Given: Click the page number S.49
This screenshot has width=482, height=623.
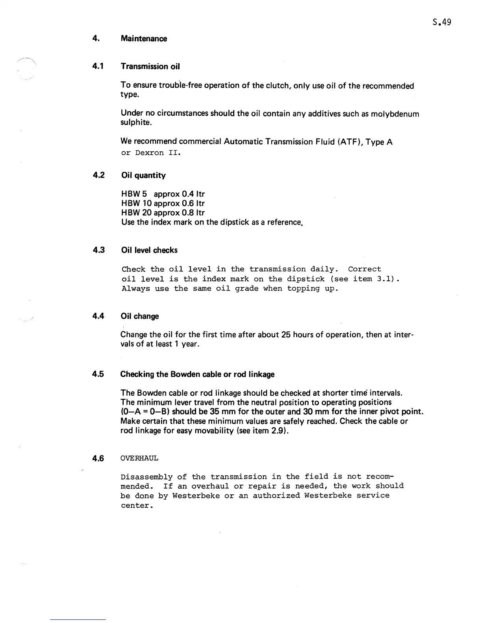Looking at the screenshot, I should pyautogui.click(x=441, y=22).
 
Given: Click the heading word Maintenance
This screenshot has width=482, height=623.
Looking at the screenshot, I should pyautogui.click(x=144, y=39).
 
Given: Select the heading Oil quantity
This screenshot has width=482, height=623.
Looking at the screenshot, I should pyautogui.click(x=143, y=175).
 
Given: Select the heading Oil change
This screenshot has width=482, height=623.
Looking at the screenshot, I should pyautogui.click(x=139, y=316).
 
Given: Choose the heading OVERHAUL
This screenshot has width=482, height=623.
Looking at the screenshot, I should pyautogui.click(x=139, y=458).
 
